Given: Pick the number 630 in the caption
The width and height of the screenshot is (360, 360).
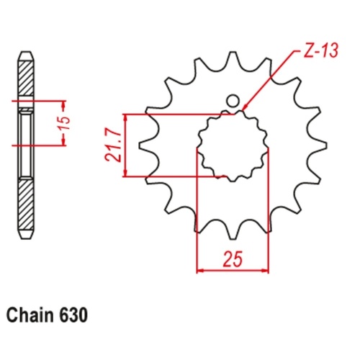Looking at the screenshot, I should [76, 315].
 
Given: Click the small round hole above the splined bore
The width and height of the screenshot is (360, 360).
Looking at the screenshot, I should [233, 101].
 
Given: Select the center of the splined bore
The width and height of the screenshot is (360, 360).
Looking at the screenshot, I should [233, 145].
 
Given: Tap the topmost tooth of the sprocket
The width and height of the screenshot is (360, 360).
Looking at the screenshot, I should [233, 60].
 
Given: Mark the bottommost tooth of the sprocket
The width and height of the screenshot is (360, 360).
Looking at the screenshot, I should [233, 230].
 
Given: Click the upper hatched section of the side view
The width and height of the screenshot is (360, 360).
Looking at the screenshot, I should [24, 77].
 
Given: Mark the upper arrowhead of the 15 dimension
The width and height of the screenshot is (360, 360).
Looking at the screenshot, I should [64, 102].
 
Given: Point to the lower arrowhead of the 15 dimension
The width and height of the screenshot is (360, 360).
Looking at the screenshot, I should [64, 144].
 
